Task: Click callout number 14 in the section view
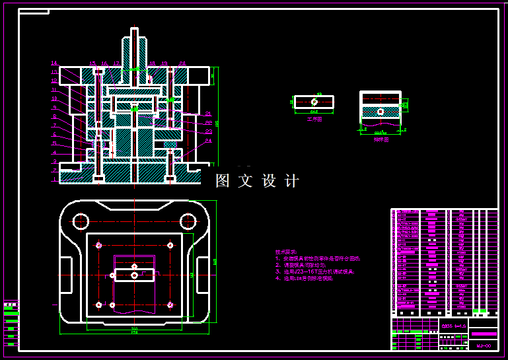(54, 63)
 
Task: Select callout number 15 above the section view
(92, 64)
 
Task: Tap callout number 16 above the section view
(104, 64)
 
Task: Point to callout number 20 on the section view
(182, 64)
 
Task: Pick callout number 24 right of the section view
(208, 141)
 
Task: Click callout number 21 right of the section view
(208, 114)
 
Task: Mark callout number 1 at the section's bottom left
(55, 179)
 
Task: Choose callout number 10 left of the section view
(54, 98)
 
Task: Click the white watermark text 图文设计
(258, 181)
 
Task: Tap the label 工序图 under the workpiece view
(314, 120)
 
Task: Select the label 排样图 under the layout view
(381, 139)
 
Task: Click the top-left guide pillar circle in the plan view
(81, 221)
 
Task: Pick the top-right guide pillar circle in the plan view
(188, 221)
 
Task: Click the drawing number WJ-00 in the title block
(484, 345)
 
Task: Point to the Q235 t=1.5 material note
(454, 326)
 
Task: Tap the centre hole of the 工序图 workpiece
(314, 102)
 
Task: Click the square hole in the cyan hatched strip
(381, 112)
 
